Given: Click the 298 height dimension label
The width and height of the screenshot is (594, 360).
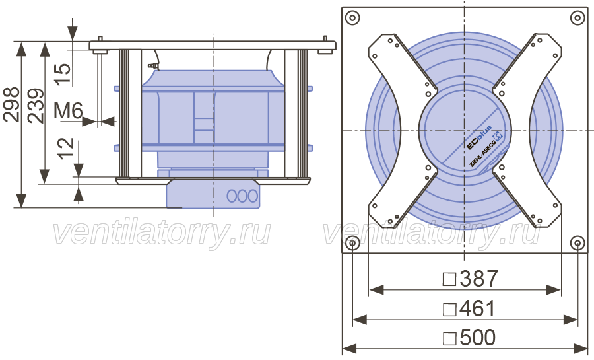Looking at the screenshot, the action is pos(11,104).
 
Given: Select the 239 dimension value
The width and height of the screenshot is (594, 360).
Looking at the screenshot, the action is pos(36,106).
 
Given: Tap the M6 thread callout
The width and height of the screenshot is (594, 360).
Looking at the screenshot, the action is pos(68,111).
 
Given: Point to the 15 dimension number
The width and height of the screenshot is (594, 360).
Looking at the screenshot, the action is pos(63,74).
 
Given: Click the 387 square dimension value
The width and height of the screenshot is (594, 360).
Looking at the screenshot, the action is pos(478,279).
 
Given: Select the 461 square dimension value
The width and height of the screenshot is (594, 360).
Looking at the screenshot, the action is pos(477,308).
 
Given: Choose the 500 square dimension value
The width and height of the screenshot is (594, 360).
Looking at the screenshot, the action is pos(477,337).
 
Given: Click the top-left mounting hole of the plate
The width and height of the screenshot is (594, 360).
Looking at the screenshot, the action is pos(352,18).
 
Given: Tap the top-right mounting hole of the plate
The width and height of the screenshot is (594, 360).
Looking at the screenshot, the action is pos(577,18).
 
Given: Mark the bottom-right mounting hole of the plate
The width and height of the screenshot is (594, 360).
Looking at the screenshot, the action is pos(577,243).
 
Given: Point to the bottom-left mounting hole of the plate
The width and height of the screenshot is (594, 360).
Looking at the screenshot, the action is pos(352,243).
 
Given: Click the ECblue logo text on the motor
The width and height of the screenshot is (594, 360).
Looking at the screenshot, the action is pos(479,137).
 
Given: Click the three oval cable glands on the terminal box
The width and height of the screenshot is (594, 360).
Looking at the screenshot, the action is pos(242,196).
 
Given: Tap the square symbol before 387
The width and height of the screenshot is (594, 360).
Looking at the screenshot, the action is pos(449,279).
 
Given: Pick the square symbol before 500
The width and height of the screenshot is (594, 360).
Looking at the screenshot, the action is pos(449,338).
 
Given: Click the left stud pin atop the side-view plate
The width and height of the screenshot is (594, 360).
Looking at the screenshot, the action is pos(100,39).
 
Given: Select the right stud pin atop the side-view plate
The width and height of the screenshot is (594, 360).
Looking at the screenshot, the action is pos(325,39).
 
